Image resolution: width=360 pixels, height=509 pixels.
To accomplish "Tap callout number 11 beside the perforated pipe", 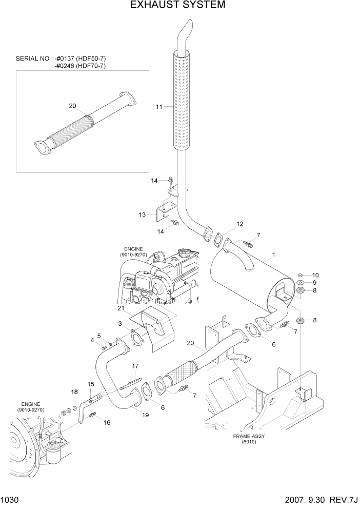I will (x=159, y=107).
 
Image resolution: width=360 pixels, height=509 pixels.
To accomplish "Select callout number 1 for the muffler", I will (x=274, y=254).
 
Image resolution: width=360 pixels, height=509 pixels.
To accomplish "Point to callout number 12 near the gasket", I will (x=240, y=224).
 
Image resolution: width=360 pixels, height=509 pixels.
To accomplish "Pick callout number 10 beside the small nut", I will (x=315, y=275).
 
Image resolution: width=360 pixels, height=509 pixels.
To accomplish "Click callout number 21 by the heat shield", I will (x=121, y=308).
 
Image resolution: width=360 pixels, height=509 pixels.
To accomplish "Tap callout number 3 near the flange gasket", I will (x=120, y=323).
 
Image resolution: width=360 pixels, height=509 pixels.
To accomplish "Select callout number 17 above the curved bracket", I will (x=135, y=366).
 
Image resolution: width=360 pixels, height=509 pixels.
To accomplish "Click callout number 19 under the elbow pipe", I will (x=146, y=415).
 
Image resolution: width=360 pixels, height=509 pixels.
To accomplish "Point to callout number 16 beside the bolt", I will (x=107, y=422).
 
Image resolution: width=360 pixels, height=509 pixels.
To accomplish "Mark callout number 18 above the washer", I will (x=74, y=392).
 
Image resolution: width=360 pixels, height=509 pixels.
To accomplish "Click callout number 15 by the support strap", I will (x=90, y=384).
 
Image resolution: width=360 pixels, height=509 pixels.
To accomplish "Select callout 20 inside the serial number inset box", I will (x=72, y=106).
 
